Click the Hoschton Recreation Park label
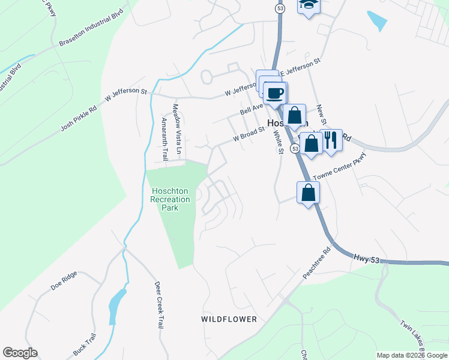pos(169,199)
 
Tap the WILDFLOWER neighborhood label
pos(229,319)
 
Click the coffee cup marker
pos(276,94)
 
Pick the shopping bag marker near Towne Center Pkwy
pos(308,193)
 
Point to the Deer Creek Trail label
pos(159,304)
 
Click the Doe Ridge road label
pos(64,281)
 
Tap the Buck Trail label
pos(85,346)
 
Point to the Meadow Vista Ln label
pos(176,124)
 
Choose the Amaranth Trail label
pos(164,137)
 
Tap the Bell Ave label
pos(252,108)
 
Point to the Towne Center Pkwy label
pos(339,171)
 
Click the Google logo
pos(20,353)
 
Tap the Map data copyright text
pos(412,355)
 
